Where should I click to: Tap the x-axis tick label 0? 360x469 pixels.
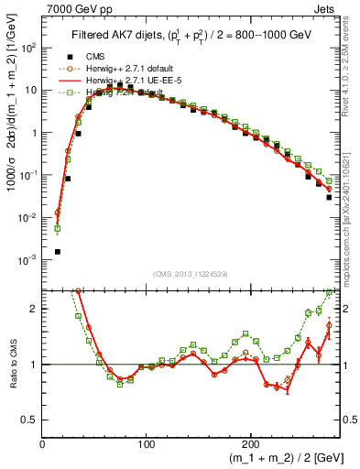coord(43,442)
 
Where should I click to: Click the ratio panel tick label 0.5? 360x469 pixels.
coord(29,420)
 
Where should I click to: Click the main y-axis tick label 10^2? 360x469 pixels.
coord(29,47)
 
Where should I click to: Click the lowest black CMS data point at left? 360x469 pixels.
coord(58,251)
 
